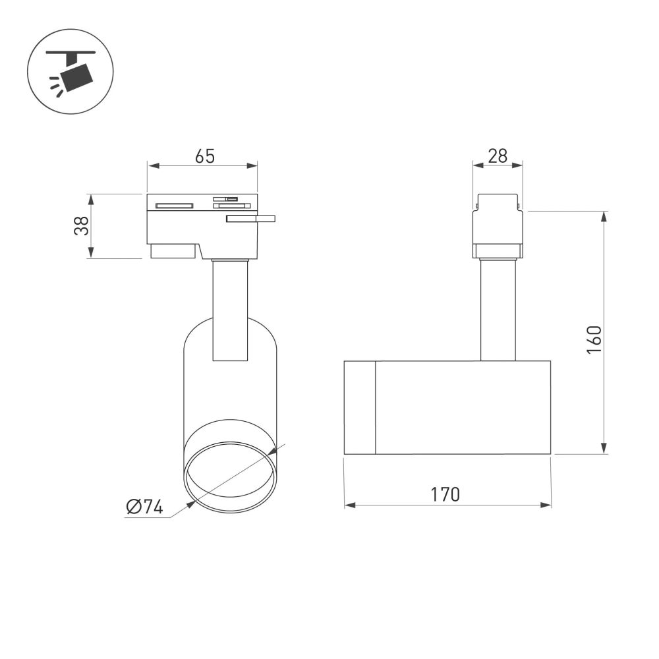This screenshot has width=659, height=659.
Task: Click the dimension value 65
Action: coord(205,156)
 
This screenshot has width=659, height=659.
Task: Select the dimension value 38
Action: coord(81,226)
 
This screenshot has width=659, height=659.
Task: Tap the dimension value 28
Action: coord(498,156)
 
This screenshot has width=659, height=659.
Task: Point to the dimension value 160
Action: coord(594,339)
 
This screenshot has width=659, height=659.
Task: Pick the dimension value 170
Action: coord(446,494)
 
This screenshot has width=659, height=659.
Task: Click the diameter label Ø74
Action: coord(144,507)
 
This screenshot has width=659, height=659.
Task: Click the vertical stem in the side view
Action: coord(498,310)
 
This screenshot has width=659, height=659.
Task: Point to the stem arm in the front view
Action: coord(230,310)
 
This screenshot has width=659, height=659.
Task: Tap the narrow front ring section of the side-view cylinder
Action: coord(360,407)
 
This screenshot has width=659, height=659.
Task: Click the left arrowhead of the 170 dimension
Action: coord(349,505)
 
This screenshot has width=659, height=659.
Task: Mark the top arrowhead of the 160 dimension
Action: coord(604,216)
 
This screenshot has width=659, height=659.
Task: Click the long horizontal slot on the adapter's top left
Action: coord(174,206)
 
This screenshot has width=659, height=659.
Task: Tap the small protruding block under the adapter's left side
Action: coord(173,251)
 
